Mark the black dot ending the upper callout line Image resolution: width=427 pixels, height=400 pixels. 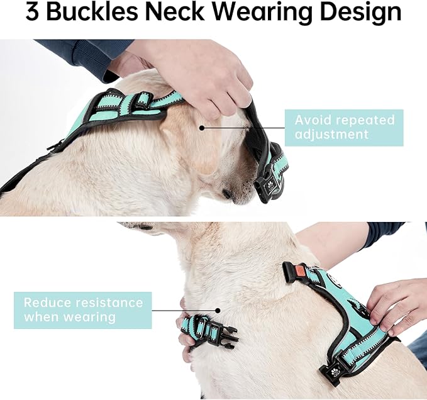202,127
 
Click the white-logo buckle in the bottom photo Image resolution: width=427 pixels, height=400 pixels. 333,371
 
